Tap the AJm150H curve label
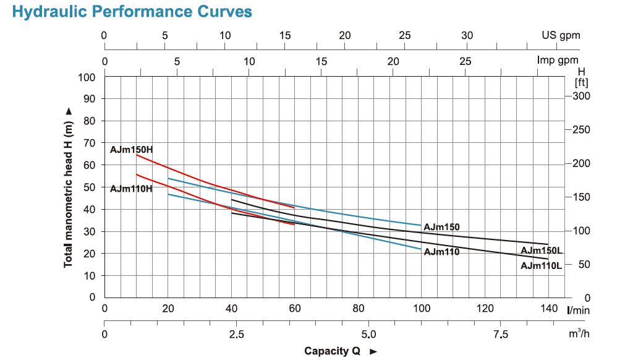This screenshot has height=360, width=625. (131, 149)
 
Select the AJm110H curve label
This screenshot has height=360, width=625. (131, 188)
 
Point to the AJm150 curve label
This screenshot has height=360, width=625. (441, 228)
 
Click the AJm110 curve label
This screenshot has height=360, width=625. (441, 252)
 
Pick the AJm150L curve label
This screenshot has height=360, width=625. (542, 251)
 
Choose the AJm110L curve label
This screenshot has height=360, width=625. (542, 266)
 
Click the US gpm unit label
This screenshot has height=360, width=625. (561, 35)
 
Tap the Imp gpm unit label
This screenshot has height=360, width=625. (558, 61)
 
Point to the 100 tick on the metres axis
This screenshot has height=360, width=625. (87, 77)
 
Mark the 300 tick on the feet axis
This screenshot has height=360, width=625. (582, 96)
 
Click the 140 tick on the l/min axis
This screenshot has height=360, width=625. (548, 309)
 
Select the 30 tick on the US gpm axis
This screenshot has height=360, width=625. (467, 35)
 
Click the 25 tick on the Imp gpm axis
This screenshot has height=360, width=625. (465, 61)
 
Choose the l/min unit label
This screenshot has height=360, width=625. (579, 309)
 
